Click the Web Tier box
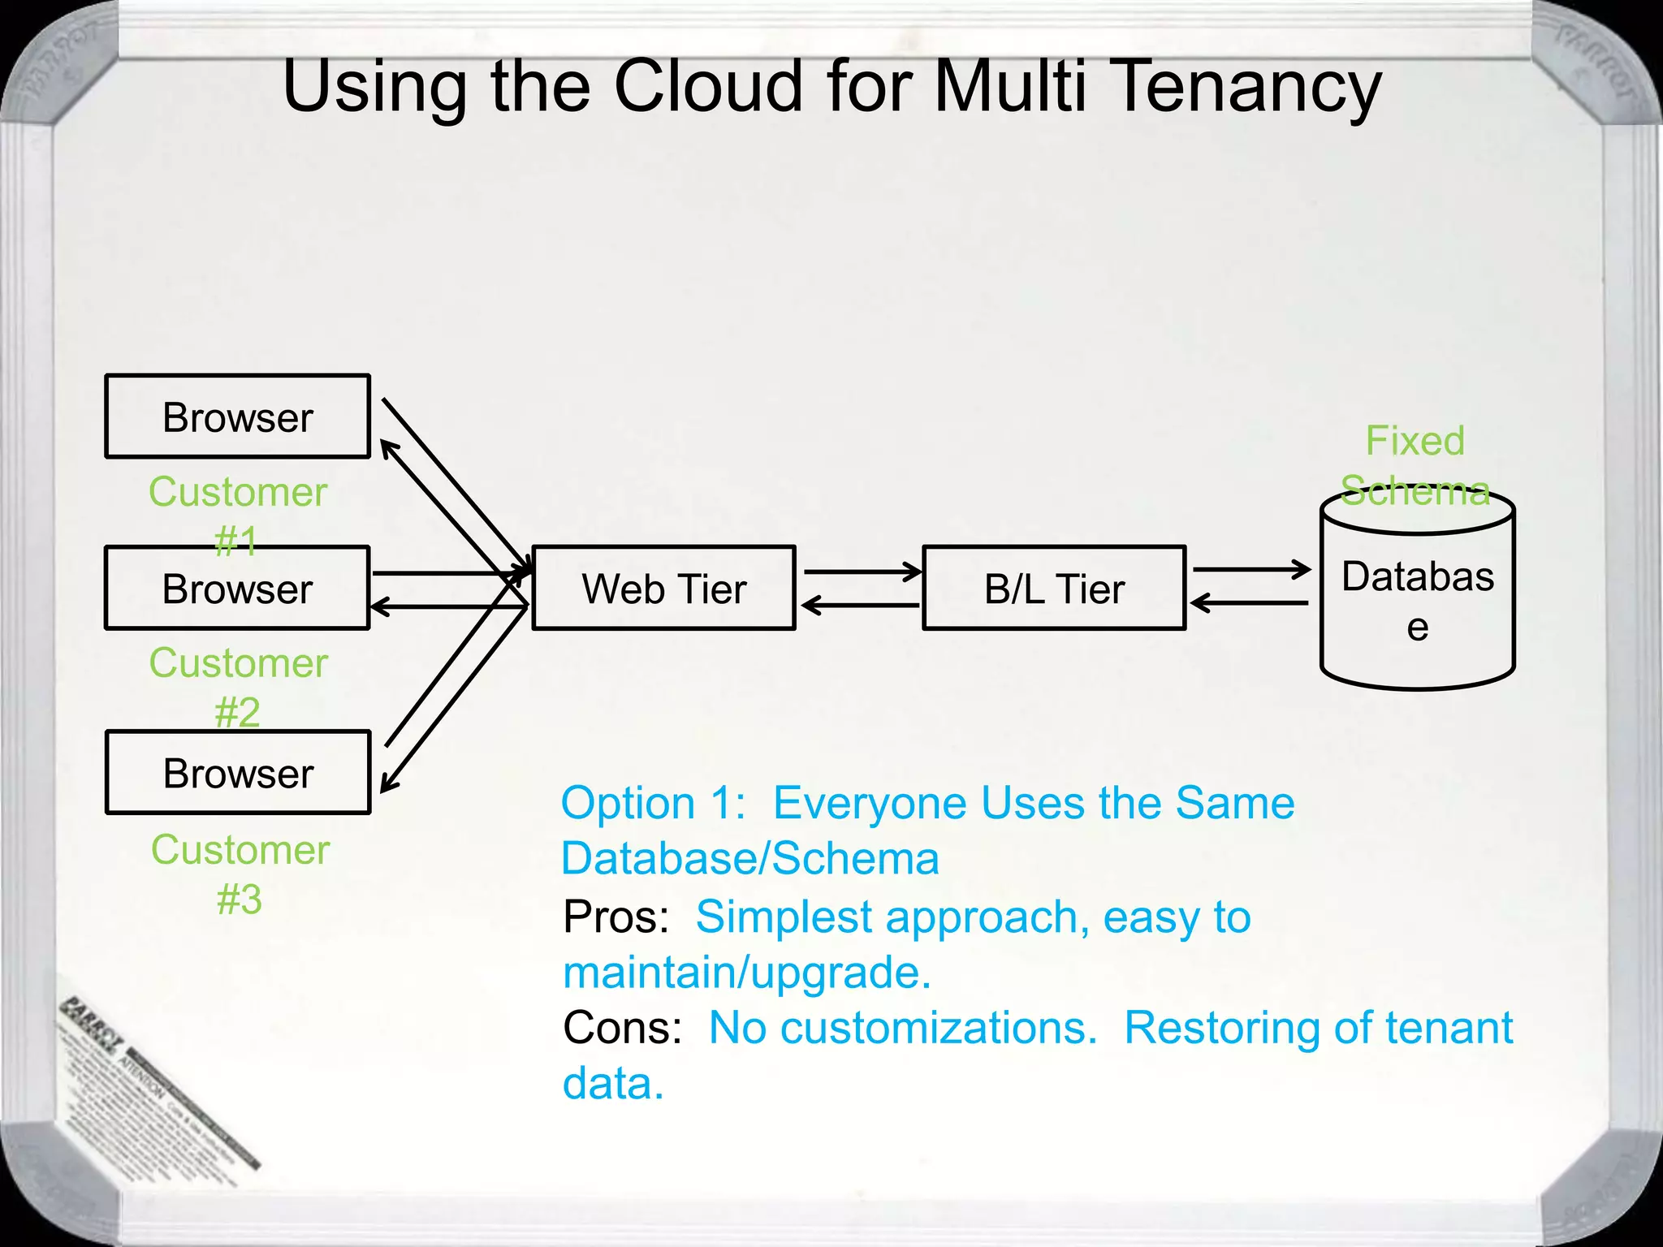663,588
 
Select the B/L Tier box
1054,588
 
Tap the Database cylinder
1417,601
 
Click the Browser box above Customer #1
237,417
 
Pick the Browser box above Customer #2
237,588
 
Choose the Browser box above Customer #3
237,773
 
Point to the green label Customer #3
240,874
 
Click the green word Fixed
1415,441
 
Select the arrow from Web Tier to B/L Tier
862,572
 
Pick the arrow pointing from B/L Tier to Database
1250,569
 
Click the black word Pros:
616,917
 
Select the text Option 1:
653,804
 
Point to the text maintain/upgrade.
746,973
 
